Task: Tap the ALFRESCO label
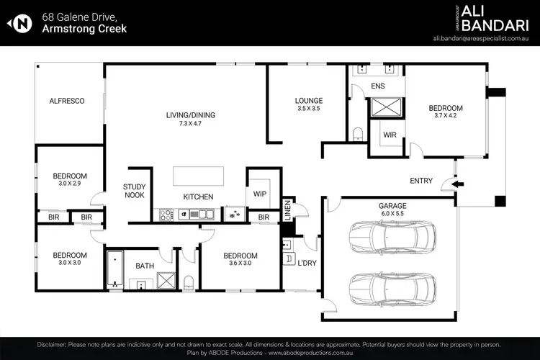[x=67, y=102]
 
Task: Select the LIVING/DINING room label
[x=191, y=115]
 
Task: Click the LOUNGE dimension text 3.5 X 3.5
[x=308, y=109]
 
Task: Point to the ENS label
[x=378, y=87]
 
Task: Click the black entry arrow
[x=456, y=184]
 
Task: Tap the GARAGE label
[x=392, y=205]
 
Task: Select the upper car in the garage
[x=392, y=234]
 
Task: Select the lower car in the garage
[x=392, y=288]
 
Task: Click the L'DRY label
[x=307, y=264]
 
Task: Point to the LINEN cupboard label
[x=287, y=210]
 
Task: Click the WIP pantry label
[x=259, y=193]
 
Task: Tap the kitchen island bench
[x=198, y=177]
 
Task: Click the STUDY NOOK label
[x=135, y=191]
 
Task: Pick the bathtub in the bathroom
[x=114, y=269]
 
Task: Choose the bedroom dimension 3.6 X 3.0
[x=240, y=264]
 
